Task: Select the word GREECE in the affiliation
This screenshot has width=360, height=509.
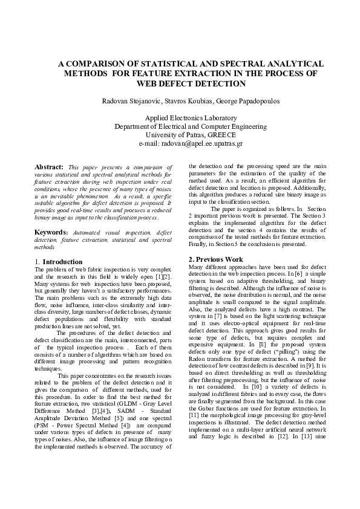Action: pyautogui.click(x=220, y=135)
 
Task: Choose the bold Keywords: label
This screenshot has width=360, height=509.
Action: pyautogui.click(x=51, y=232)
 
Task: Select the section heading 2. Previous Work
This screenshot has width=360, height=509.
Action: pyautogui.click(x=216, y=259)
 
